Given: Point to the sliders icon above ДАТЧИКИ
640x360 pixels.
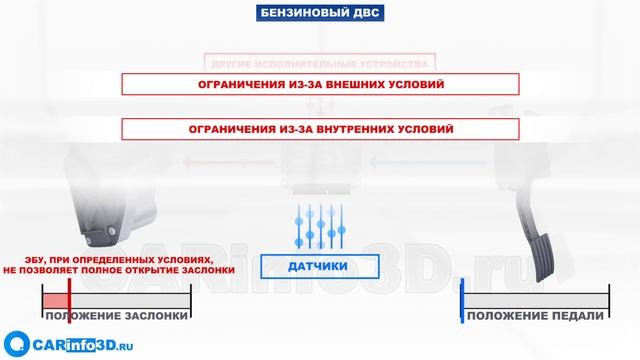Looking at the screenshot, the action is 320,226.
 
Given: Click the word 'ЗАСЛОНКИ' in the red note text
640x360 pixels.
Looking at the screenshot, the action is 209,269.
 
